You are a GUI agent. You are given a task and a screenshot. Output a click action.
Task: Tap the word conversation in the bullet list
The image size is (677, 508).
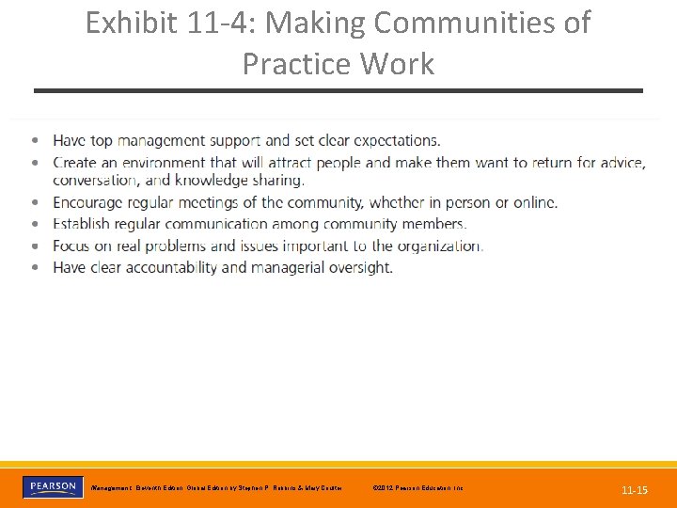tap(97, 180)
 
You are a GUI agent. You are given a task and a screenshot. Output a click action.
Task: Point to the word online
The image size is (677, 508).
tap(533, 202)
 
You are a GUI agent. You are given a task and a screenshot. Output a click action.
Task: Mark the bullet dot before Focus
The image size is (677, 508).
tap(35, 246)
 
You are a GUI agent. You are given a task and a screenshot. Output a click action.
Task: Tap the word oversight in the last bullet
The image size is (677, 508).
tap(360, 267)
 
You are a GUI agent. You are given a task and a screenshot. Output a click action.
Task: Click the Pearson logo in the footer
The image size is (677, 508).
tap(52, 487)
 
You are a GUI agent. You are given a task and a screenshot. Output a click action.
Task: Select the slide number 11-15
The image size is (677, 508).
tap(635, 490)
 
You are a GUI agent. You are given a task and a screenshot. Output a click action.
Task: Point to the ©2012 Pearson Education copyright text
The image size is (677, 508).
tap(418, 488)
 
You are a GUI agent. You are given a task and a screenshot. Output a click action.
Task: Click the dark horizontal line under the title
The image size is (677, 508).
tap(338, 90)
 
